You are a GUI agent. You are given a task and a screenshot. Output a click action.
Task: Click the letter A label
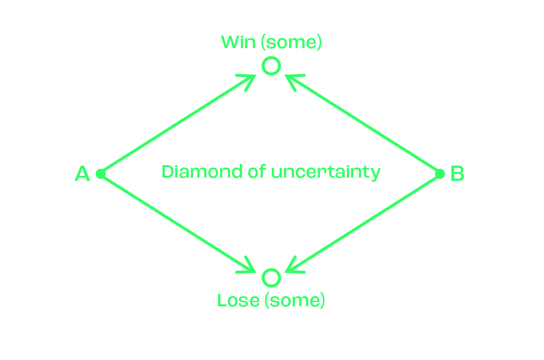tap(82, 174)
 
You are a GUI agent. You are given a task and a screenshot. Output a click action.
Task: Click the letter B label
tap(457, 174)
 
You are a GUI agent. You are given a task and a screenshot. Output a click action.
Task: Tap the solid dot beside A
tap(100, 174)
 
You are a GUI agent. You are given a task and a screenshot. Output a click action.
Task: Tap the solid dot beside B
tap(440, 174)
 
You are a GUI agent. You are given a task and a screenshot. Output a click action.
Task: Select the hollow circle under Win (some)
tap(271, 66)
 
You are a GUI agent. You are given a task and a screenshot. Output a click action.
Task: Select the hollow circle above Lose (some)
tap(271, 278)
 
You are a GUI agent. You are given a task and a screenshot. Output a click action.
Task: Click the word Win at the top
tap(238, 43)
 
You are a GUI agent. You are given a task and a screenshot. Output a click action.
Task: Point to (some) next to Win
tap(290, 43)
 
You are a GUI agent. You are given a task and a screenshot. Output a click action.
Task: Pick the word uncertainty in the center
tap(325, 172)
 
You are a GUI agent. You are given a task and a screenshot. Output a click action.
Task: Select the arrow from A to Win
tap(176, 125)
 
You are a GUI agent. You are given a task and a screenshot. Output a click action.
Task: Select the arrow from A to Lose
tap(176, 222)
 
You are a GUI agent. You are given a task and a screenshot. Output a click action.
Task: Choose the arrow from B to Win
tap(363, 125)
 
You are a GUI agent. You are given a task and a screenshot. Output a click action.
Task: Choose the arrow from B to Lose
tap(363, 223)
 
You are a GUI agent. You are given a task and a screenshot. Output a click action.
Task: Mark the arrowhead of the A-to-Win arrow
tap(250, 79)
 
